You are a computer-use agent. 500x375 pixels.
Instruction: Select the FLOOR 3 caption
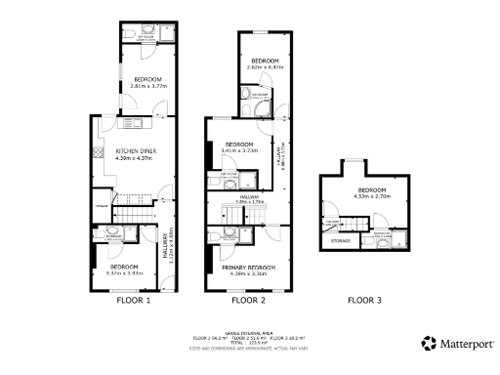pyautogui.click(x=364, y=301)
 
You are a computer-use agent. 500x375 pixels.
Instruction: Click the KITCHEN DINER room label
pyautogui.click(x=137, y=150)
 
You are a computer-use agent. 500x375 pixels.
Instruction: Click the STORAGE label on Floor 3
pyautogui.click(x=341, y=240)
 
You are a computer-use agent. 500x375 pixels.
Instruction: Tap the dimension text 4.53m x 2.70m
pyautogui.click(x=371, y=196)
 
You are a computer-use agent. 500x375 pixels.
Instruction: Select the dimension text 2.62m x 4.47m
pyautogui.click(x=264, y=67)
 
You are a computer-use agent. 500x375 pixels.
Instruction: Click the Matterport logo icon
pyautogui.click(x=429, y=343)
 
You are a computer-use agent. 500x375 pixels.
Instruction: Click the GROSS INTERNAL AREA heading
pyautogui.click(x=247, y=333)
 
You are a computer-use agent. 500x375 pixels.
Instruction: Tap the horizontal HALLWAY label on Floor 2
pyautogui.click(x=248, y=197)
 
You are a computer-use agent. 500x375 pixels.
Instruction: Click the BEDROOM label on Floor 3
pyautogui.click(x=371, y=189)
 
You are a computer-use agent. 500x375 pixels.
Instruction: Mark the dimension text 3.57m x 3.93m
pyautogui.click(x=124, y=273)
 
